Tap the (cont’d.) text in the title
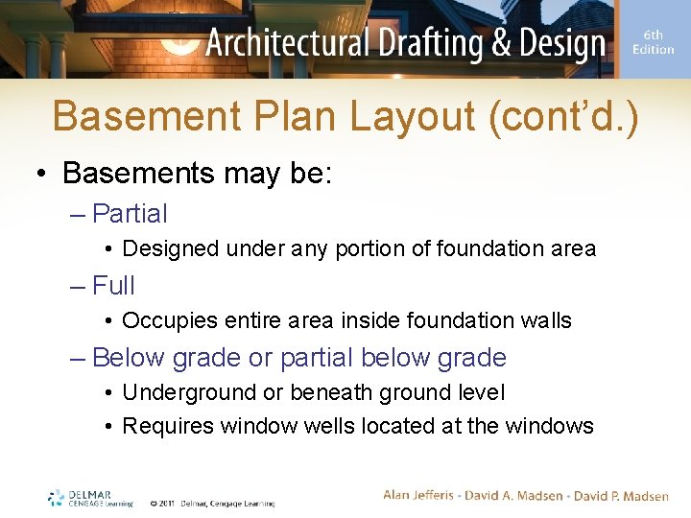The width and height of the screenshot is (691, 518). [x=562, y=116]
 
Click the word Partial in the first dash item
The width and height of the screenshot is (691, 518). [x=130, y=214]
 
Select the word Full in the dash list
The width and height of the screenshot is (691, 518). [x=114, y=286]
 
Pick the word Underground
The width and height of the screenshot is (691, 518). [x=183, y=392]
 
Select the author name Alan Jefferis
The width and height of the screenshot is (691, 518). [x=423, y=495]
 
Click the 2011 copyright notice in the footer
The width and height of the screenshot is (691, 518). [x=212, y=503]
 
